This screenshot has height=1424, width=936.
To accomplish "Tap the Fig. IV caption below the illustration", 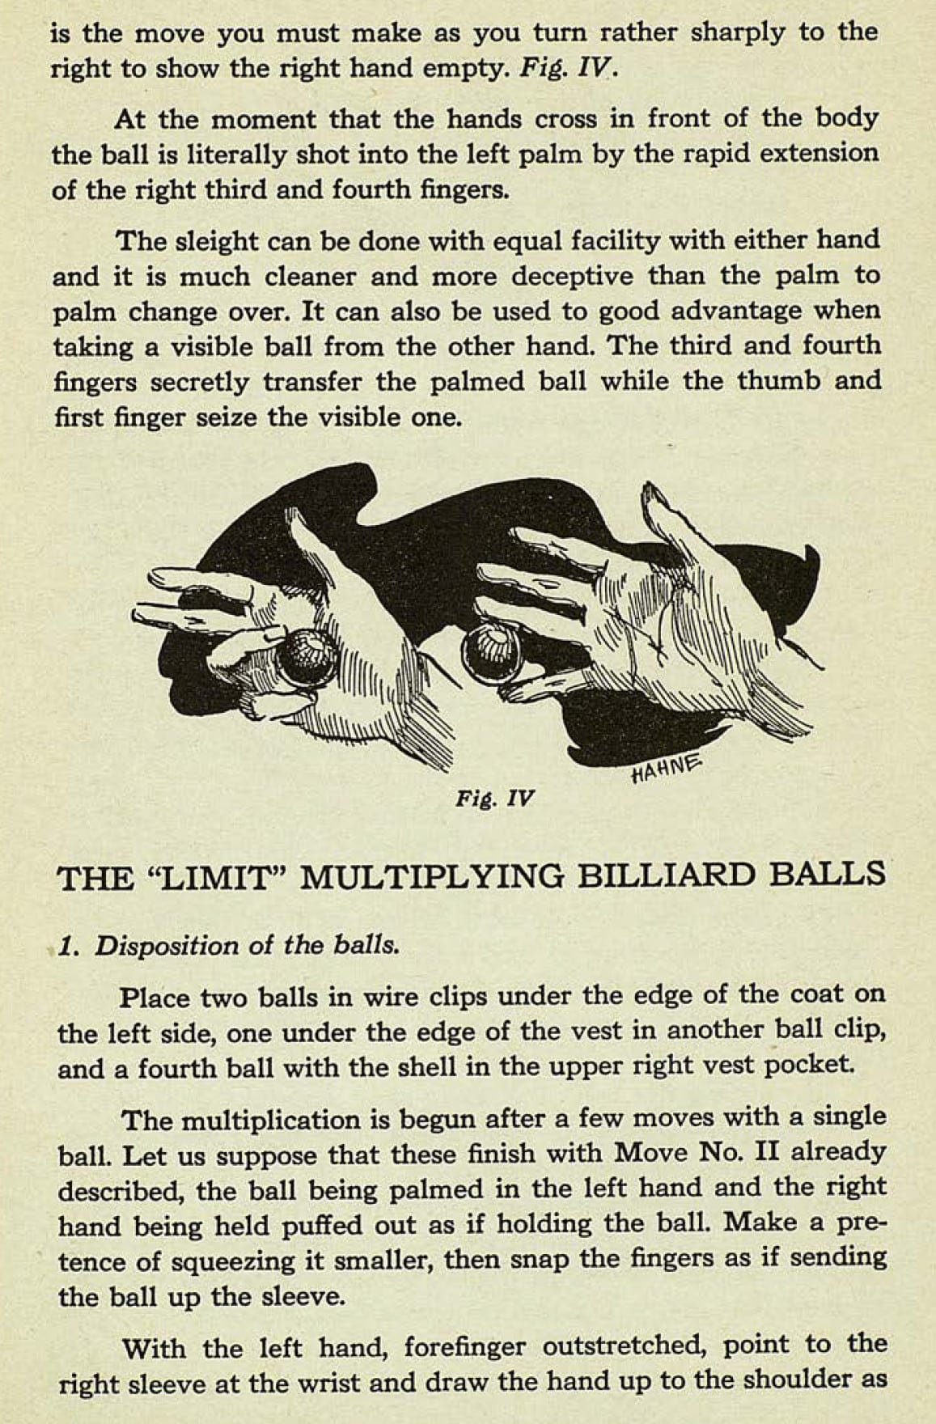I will coord(494,799).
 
